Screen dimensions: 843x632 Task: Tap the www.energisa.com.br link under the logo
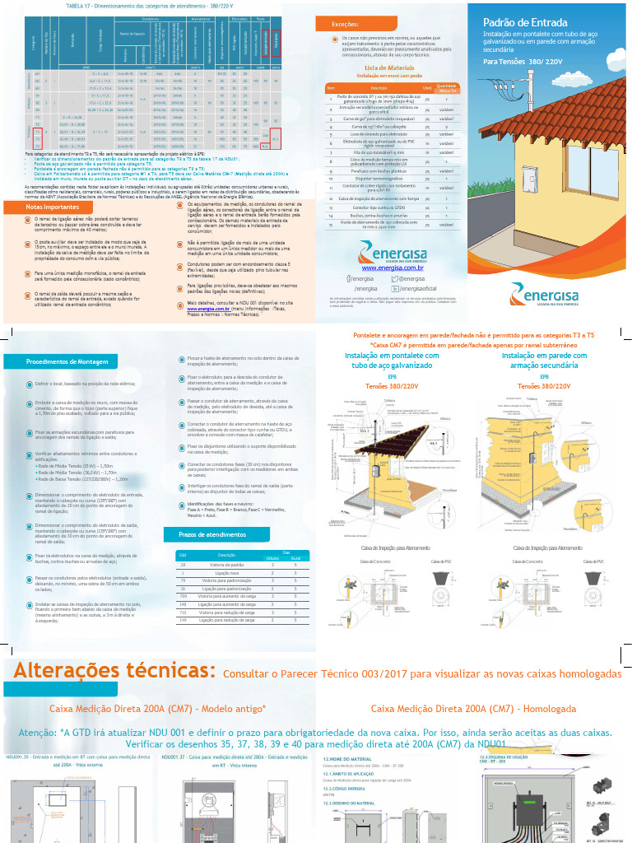393,268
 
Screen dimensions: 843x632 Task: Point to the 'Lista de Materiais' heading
389,68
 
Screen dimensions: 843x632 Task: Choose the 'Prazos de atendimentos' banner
212,535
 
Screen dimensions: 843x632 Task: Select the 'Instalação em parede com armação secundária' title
544,361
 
